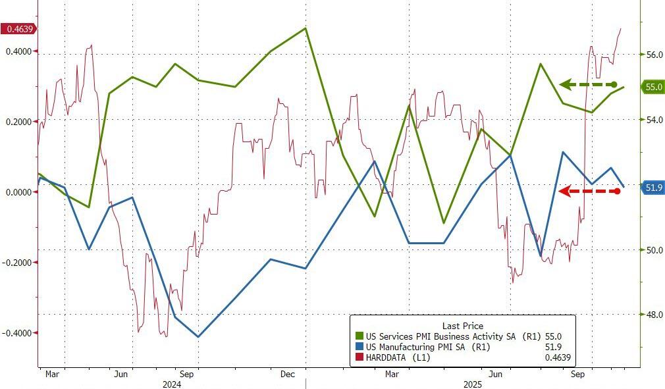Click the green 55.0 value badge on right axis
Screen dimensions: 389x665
point(652,87)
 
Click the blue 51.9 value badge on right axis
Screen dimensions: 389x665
point(652,188)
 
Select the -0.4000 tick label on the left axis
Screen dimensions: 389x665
point(18,332)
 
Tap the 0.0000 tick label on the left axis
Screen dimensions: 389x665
point(18,192)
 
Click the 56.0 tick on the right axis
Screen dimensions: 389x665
point(654,55)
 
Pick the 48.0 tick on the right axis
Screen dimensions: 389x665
point(654,315)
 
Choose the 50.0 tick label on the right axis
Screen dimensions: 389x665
point(654,250)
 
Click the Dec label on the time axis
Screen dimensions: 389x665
point(287,374)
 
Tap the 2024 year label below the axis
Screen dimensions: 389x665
point(173,384)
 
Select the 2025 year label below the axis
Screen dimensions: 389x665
point(473,384)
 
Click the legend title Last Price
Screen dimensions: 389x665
point(462,326)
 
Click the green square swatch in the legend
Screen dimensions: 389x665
point(359,336)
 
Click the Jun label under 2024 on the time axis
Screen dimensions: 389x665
point(120,374)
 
